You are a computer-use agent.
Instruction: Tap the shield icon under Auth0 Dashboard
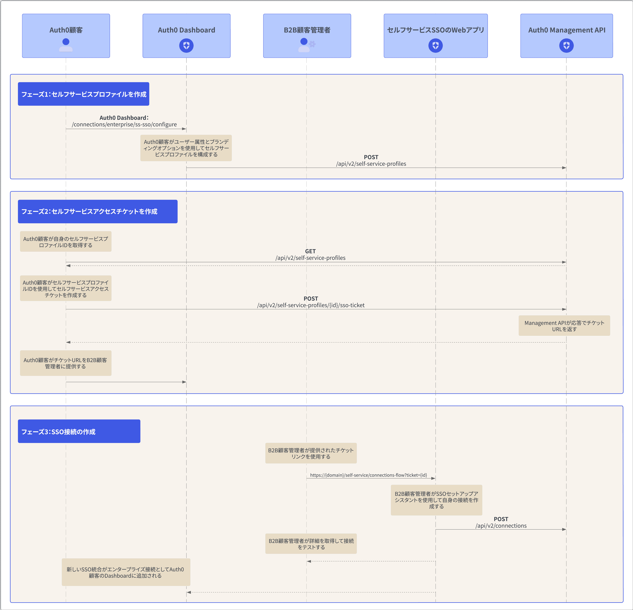186,45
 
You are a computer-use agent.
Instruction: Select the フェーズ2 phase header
98,211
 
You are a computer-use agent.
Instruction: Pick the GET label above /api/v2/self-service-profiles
310,251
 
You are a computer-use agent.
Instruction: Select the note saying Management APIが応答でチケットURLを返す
564,326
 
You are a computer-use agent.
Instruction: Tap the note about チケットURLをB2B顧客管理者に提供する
66,363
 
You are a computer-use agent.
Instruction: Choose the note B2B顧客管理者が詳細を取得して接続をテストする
311,544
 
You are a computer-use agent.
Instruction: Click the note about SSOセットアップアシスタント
436,500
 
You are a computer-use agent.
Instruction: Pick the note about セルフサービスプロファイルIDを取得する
66,242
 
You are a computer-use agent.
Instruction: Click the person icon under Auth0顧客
66,45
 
